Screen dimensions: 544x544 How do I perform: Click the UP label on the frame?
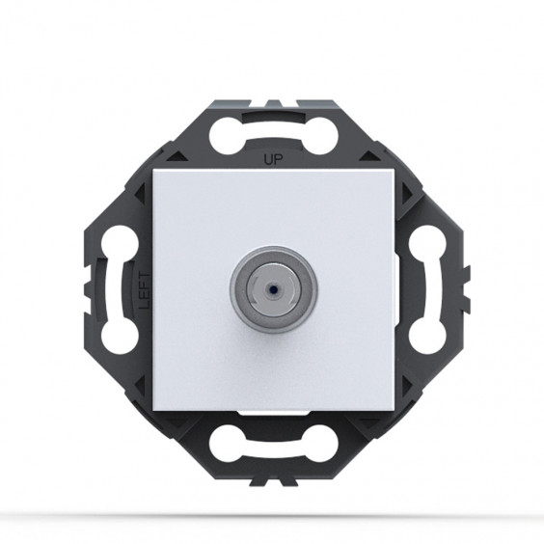(x=273, y=159)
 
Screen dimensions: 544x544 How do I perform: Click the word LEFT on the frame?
(x=145, y=290)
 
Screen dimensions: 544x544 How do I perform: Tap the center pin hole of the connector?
(x=273, y=288)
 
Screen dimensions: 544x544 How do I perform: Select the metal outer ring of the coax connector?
(x=273, y=289)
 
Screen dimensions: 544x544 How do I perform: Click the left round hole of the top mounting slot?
(x=228, y=136)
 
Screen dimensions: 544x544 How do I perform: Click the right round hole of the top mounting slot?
(x=319, y=136)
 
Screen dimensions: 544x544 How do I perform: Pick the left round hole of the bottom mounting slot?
(x=228, y=443)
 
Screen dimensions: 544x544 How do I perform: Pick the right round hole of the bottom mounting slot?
(x=319, y=443)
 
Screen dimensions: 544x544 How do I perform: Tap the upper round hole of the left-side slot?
(x=120, y=243)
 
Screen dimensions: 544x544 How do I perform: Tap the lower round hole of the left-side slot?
(x=120, y=336)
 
